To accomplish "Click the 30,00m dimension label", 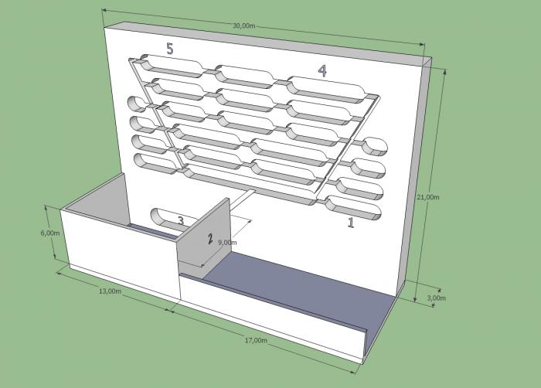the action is [243, 26].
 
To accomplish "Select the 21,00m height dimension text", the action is [428, 197].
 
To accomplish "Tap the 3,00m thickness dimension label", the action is [436, 298].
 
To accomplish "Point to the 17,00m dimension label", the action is [256, 340].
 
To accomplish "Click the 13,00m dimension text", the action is [110, 291].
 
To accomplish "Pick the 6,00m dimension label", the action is [50, 233].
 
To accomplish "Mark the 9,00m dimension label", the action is [227, 243].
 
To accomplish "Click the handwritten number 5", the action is [170, 49].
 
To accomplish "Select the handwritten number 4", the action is [322, 70].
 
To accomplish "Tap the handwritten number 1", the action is [351, 223].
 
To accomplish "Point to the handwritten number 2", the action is [210, 239].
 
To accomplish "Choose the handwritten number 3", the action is [181, 220].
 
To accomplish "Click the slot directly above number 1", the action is [354, 207].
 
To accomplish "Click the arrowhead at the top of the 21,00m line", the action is [444, 72].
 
